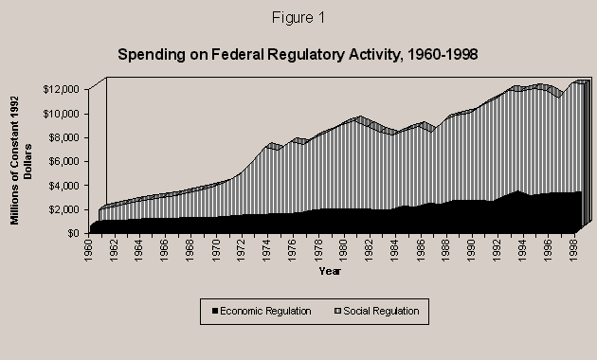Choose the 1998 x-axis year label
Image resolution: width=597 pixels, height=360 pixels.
574,251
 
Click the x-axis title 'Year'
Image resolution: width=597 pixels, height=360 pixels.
331,272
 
